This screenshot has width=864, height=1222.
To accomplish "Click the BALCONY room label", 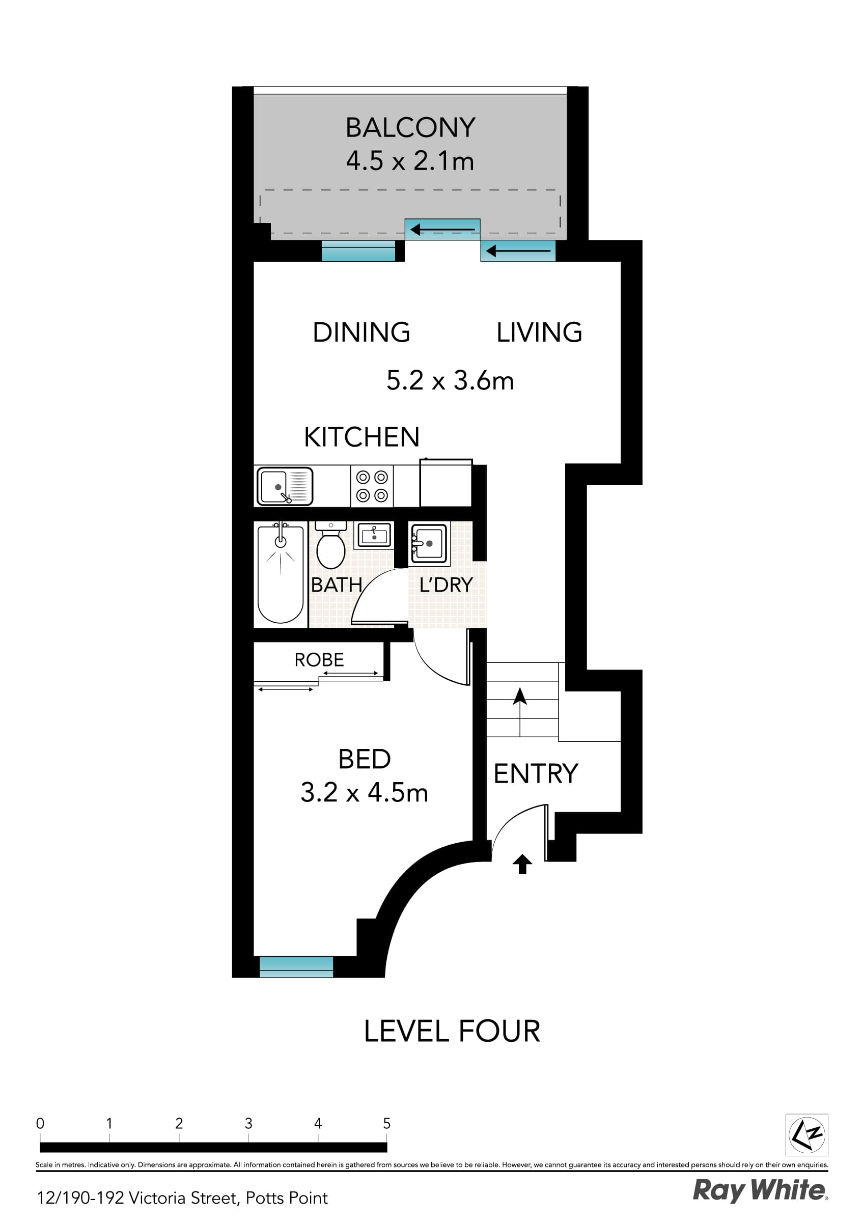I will tap(410, 128).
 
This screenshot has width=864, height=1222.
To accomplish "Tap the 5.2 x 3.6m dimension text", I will tap(450, 380).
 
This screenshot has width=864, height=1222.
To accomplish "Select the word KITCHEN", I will tap(361, 437).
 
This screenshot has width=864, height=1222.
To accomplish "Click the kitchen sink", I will tap(284, 486).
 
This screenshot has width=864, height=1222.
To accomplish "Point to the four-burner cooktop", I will tap(372, 486).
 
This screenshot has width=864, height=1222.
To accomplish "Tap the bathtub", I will tap(281, 575).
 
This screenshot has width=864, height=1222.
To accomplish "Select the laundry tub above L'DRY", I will tap(429, 543).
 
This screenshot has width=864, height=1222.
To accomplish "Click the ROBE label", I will tap(319, 660).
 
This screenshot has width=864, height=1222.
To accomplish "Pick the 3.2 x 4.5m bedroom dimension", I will tap(364, 792).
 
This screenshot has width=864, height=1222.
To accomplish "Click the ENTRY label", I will tap(536, 774).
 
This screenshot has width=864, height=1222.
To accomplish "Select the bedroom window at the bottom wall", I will tap(296, 966).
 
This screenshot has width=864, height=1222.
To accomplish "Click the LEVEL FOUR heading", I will tap(452, 1032).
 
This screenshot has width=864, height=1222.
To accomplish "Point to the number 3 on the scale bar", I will tap(248, 1124).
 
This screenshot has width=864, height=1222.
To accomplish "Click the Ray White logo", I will tap(760, 1190).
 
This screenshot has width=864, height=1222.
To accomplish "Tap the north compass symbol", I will tap(806, 1135).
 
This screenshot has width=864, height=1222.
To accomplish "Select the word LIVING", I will tap(539, 332).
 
